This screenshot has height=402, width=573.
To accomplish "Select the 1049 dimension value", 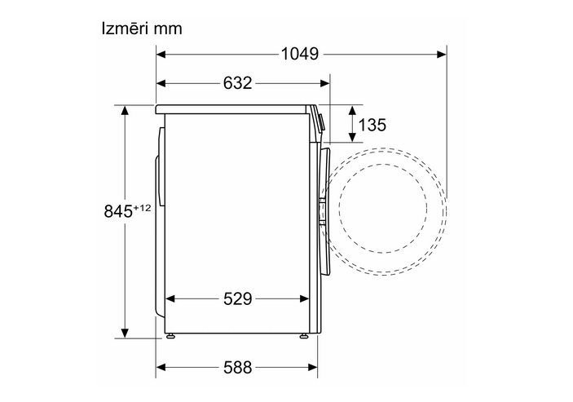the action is [300, 54].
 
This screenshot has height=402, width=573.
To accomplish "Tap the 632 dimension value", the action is [237, 83].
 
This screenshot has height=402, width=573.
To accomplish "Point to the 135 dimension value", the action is [372, 125].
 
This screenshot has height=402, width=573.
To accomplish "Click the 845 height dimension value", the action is [118, 211].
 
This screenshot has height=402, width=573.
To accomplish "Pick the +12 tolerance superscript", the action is [142, 208].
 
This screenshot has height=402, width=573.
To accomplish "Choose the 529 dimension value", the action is [237, 299].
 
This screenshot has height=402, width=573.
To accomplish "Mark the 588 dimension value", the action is [237, 367].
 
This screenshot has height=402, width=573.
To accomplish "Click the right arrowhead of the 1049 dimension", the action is [442, 55].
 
